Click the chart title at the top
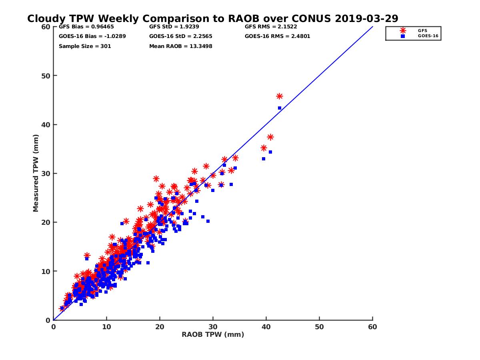click(x=212, y=18)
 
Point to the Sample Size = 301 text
click(x=85, y=46)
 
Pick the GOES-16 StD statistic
click(x=180, y=36)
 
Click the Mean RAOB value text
click(x=180, y=46)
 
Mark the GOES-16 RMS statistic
click(x=277, y=36)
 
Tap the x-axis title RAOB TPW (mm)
click(x=213, y=335)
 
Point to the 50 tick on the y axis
click(x=45, y=76)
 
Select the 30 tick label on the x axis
click(x=213, y=327)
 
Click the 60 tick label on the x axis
click(x=372, y=327)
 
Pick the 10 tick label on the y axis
click(x=45, y=271)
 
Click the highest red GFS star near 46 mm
click(x=279, y=96)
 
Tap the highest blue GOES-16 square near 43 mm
click(x=280, y=108)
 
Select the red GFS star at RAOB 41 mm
click(x=270, y=137)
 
